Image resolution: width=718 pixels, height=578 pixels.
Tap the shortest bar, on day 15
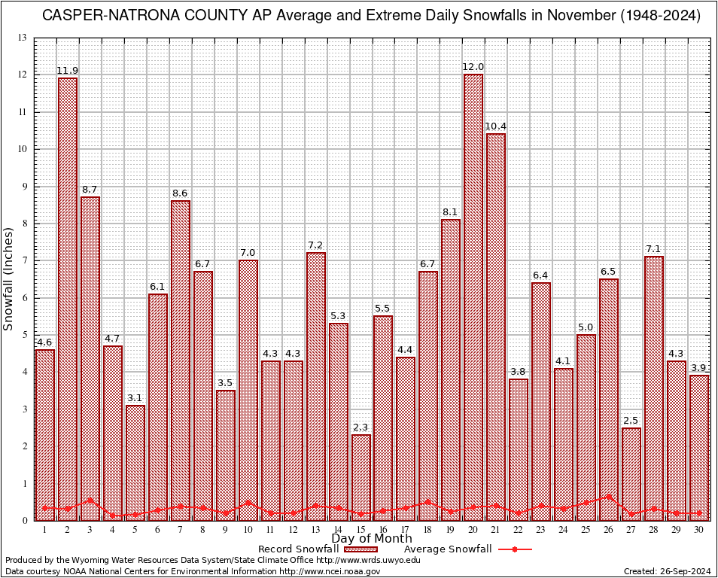361,477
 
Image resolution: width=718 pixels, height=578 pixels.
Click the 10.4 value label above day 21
496,126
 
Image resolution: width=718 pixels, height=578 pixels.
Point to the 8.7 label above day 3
90,190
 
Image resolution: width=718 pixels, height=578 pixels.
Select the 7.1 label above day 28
654,249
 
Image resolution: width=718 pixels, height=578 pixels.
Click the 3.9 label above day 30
699,367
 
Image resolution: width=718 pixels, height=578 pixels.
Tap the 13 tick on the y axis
23,38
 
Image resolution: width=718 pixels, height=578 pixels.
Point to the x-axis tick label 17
406,530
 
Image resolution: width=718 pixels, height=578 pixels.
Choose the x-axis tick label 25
586,530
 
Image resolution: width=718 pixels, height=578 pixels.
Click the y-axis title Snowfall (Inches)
9,279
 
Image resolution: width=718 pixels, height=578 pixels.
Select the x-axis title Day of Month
371,539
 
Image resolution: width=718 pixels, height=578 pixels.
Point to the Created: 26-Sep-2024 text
668,571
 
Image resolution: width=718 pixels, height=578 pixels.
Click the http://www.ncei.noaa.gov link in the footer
330,571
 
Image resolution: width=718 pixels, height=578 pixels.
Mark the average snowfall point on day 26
609,497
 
